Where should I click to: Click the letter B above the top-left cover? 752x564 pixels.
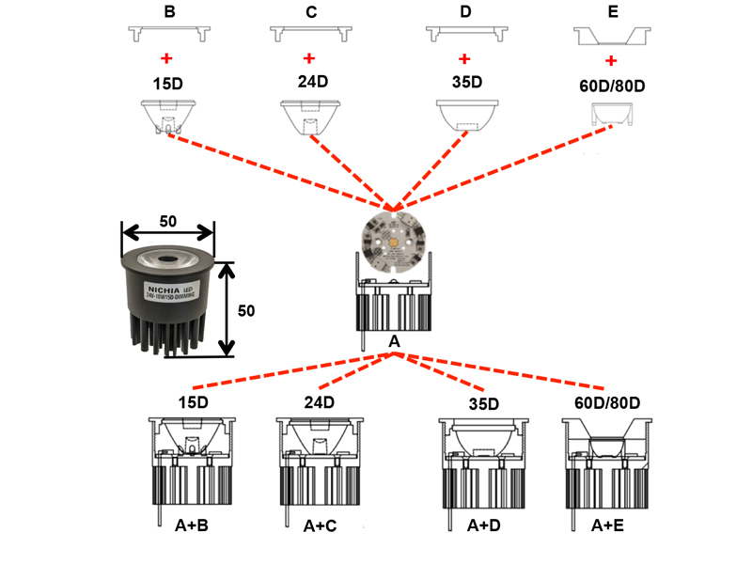click(170, 12)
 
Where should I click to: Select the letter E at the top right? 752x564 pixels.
click(614, 12)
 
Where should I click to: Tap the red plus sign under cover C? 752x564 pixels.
click(310, 58)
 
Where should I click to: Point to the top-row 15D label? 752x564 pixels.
click(166, 84)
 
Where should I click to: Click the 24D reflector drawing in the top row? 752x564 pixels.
click(308, 116)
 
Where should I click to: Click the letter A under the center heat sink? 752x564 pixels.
click(395, 343)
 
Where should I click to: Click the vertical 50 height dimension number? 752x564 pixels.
click(245, 309)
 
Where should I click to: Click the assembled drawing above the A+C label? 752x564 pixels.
click(320, 461)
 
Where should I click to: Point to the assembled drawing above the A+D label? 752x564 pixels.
click(483, 461)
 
